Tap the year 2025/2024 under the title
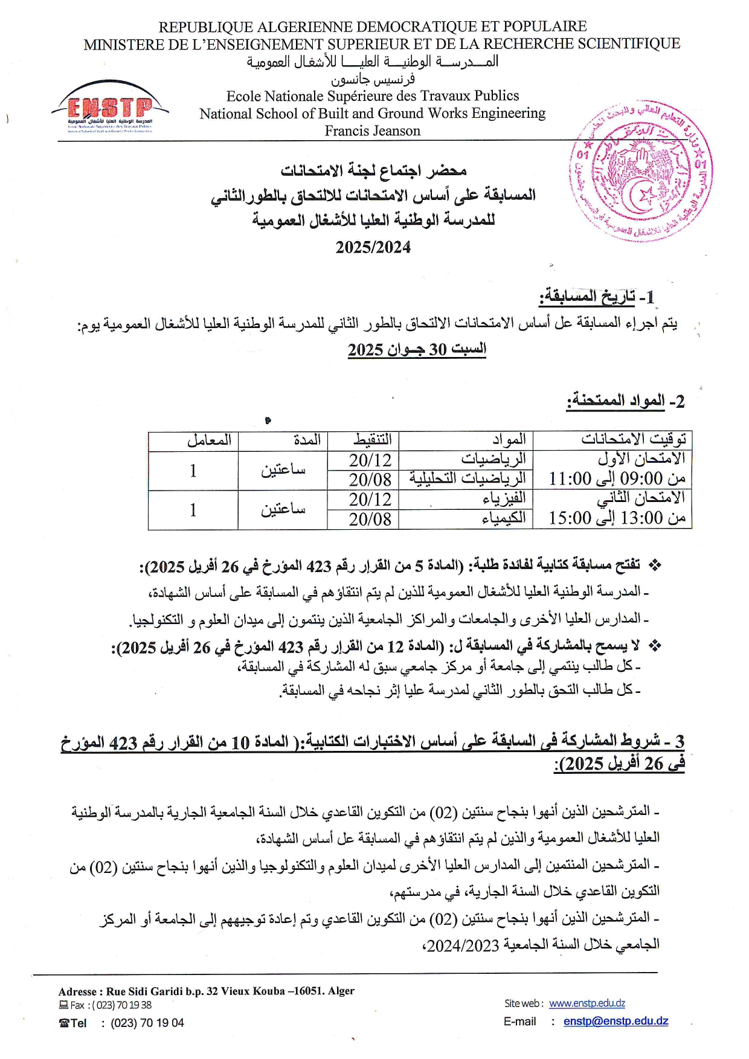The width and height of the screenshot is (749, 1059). [x=373, y=247]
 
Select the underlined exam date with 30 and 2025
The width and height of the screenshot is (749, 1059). [x=417, y=349]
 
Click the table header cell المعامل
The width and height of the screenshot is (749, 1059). [x=209, y=440]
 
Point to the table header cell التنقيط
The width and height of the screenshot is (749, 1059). [x=372, y=440]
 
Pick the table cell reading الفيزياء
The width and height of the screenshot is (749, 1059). [x=504, y=498]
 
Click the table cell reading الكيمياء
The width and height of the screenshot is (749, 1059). [x=504, y=518]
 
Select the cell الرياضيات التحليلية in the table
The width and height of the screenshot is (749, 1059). [x=468, y=478]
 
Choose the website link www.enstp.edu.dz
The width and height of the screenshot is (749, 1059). [x=587, y=1003]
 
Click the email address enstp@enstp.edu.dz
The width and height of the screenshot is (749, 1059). [x=616, y=1022]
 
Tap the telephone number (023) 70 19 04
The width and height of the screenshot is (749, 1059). [x=147, y=1023]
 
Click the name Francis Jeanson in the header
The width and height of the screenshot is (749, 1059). [x=372, y=131]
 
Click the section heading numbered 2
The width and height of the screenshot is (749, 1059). [x=625, y=401]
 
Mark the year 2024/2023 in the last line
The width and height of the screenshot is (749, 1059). [x=463, y=946]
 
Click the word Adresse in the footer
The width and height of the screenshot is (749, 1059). [x=77, y=991]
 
